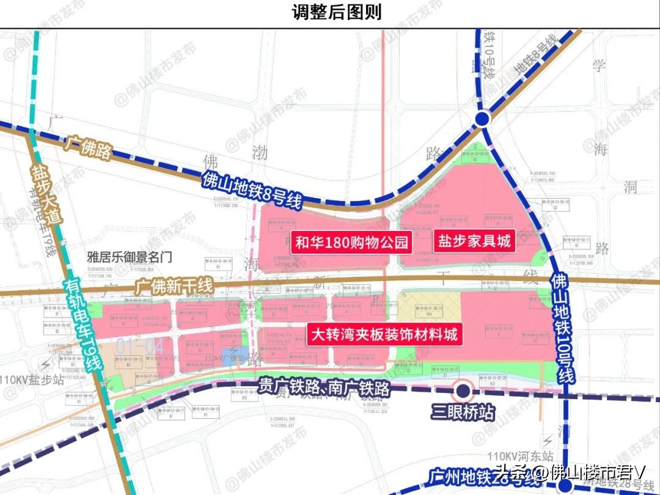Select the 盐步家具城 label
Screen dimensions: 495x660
coord(473,241)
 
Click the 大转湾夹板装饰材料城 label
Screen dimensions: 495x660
coord(384,335)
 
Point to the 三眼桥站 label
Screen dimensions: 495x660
coord(462,411)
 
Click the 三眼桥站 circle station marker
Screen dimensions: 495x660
coord(462,389)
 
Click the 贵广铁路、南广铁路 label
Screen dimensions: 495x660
coord(324,387)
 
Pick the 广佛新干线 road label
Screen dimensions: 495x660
coord(174,285)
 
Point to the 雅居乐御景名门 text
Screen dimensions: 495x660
coord(128,257)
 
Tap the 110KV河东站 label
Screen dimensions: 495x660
coord(521,456)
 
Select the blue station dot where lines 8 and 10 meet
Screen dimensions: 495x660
coord(482,119)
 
